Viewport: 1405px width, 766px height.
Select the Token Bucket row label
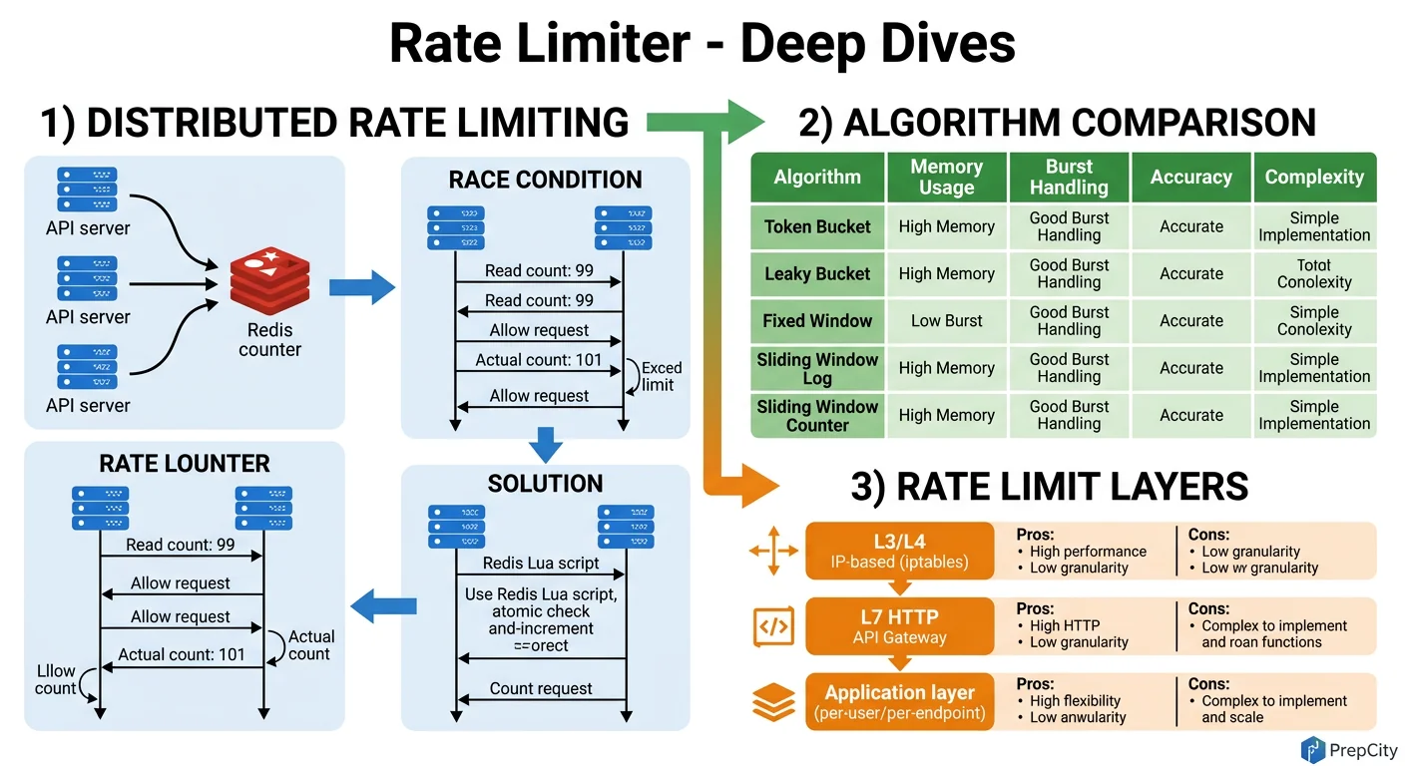(x=817, y=226)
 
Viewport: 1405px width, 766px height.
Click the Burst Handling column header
(x=1069, y=177)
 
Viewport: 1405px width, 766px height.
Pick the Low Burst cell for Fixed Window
(x=946, y=321)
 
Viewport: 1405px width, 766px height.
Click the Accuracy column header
(x=1190, y=177)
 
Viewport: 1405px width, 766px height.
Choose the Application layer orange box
(x=899, y=701)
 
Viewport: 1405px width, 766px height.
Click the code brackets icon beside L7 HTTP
(x=773, y=627)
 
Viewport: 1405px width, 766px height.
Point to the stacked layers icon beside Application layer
(x=773, y=703)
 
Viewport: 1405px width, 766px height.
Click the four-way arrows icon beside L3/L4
(x=773, y=552)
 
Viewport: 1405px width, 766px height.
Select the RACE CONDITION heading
(x=545, y=181)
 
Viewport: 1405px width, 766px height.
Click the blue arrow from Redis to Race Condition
(x=362, y=287)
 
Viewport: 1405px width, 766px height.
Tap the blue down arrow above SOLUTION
(x=545, y=445)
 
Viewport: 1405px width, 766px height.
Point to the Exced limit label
(x=660, y=376)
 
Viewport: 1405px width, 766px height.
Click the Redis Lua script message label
(x=541, y=564)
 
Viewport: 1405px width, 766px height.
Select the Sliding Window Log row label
(x=817, y=368)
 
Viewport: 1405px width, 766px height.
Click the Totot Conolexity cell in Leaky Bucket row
(x=1313, y=273)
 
